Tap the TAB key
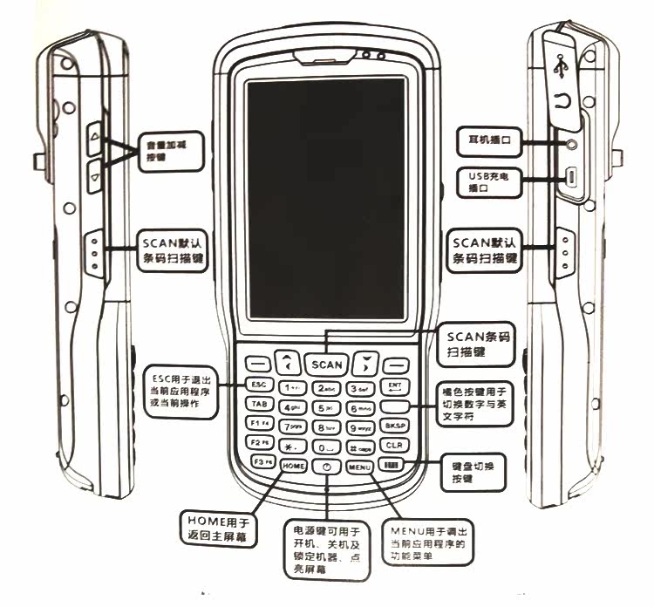click(259, 404)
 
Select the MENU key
click(359, 467)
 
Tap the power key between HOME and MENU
click(326, 467)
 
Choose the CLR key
click(393, 445)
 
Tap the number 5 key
click(326, 407)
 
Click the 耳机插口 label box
click(489, 139)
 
